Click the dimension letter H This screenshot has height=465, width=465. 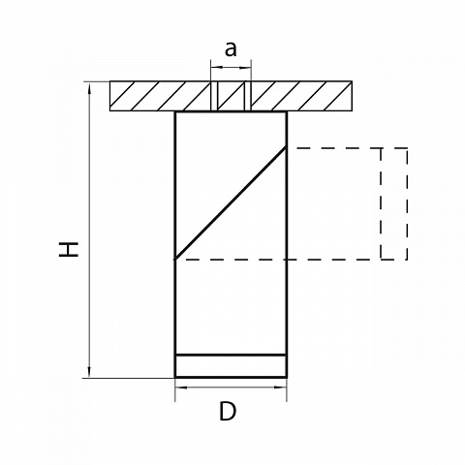69,249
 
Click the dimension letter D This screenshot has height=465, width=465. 228,411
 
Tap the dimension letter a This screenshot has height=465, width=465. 231,49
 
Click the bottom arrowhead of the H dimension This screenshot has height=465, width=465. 89,372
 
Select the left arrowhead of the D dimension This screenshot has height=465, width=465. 180,387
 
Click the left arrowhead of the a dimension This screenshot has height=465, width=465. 216,67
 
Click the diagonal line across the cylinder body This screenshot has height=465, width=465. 231,202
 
